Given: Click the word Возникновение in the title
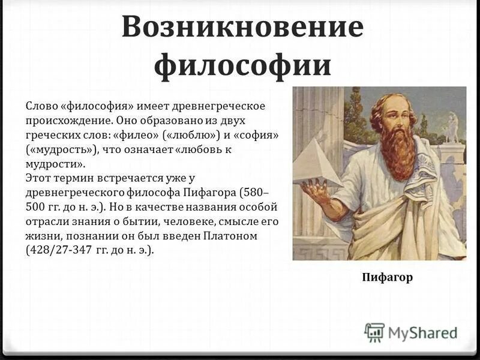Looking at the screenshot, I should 242,28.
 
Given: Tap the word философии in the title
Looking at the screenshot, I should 242,65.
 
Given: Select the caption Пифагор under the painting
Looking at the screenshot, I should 387,277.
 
